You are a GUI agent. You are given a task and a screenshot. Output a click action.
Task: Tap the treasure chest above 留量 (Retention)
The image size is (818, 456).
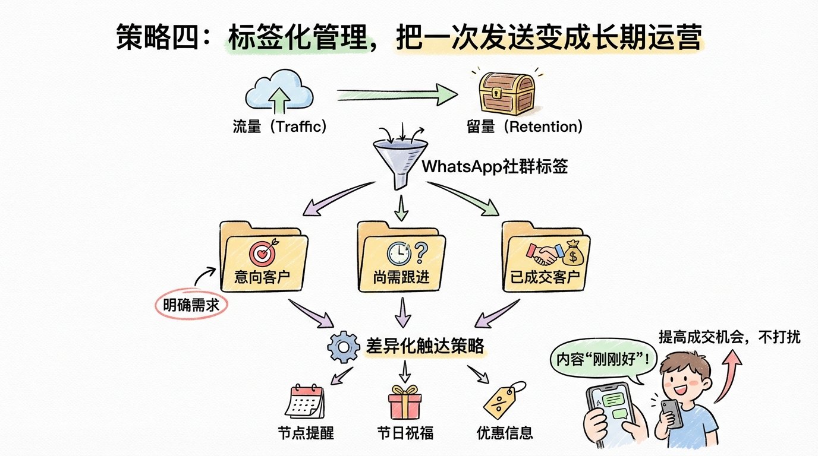pos(506,94)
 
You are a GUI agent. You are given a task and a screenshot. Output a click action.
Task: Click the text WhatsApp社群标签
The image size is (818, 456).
pos(495,166)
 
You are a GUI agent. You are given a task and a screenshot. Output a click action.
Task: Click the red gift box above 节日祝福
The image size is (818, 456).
pos(405,402)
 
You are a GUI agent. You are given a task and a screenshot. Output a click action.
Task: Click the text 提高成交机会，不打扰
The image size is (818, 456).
pos(729,337)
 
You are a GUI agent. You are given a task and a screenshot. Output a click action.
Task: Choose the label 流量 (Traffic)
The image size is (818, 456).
pos(280,127)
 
